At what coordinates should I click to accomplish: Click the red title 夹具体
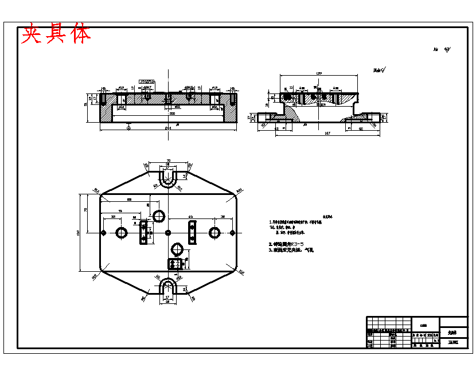pyautogui.click(x=56, y=34)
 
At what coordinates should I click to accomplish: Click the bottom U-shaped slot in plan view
pyautogui.click(x=167, y=285)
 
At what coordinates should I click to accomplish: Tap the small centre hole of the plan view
pyautogui.click(x=167, y=232)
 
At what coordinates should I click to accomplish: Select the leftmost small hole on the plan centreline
pyautogui.click(x=103, y=232)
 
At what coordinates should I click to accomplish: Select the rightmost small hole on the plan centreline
pyautogui.click(x=232, y=232)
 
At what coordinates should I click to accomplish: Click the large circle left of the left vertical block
pyautogui.click(x=122, y=232)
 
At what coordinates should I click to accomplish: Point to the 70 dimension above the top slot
pyautogui.click(x=168, y=161)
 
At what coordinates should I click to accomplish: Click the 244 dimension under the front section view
pyautogui.click(x=168, y=128)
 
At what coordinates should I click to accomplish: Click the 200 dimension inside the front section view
pyautogui.click(x=171, y=113)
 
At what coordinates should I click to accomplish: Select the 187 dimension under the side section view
pyautogui.click(x=327, y=133)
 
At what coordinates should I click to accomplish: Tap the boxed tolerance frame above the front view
pyautogui.click(x=147, y=83)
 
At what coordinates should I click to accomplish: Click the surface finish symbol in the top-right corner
pyautogui.click(x=447, y=50)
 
